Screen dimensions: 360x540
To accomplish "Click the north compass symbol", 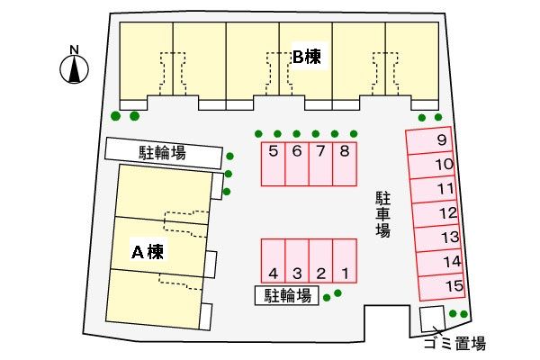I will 75,65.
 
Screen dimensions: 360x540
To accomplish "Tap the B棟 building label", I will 306,57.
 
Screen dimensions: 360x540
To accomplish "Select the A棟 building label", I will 146,251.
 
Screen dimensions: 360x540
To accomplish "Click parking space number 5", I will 274,164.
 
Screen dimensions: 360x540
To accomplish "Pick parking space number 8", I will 345,164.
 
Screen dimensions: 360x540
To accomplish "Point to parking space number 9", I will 436,140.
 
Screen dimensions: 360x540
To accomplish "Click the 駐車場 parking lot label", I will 383,212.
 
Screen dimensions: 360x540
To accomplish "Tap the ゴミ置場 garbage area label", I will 454,343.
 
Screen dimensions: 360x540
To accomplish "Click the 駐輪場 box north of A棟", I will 163,153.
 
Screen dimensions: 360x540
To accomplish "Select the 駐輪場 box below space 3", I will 287,295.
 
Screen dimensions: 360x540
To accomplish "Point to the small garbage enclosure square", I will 433,317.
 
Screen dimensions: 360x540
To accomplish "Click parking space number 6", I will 297,164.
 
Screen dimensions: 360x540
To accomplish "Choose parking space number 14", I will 449,262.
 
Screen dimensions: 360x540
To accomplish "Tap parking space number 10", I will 440,165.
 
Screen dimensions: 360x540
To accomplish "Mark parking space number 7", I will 321,164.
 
